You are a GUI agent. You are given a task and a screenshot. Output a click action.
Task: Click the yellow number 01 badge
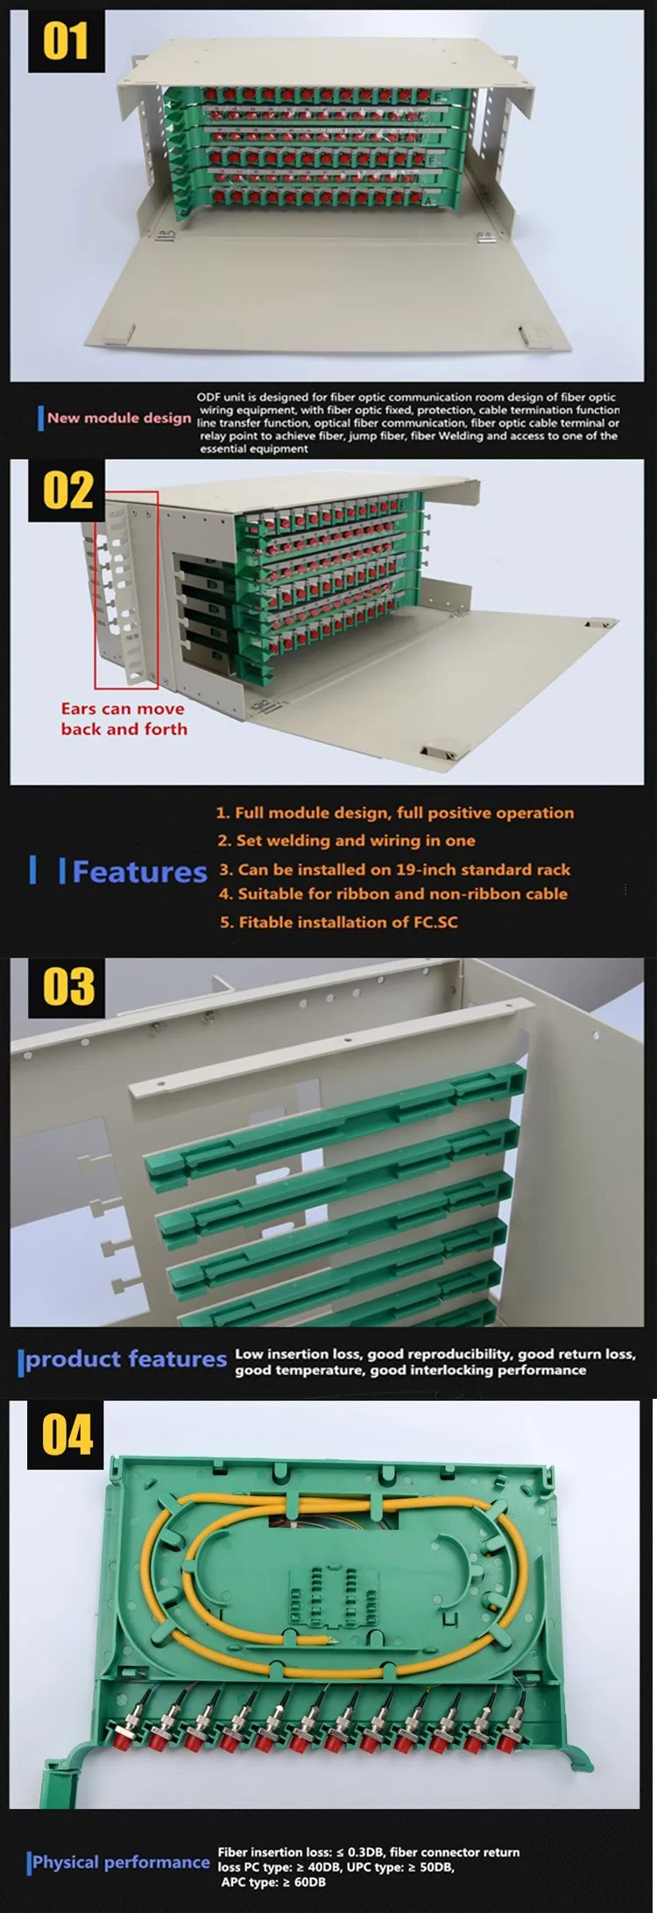(x=66, y=41)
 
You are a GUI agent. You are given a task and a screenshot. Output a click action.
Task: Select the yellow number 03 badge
(x=68, y=987)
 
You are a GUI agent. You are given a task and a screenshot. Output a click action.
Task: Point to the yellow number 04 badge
(x=67, y=1435)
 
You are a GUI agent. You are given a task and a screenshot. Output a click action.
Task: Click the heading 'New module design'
(x=119, y=418)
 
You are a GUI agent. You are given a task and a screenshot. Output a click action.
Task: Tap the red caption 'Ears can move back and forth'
(x=124, y=718)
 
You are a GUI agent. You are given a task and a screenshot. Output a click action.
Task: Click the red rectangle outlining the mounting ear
(x=126, y=589)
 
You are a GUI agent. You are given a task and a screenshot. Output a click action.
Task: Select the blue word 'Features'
(x=139, y=872)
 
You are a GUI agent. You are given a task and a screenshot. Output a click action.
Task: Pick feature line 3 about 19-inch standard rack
(x=394, y=870)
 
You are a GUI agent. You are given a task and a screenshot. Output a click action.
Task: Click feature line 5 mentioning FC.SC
(x=338, y=921)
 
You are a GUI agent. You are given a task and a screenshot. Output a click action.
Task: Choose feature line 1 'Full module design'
(x=394, y=813)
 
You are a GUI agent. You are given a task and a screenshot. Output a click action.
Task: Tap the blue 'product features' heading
(x=125, y=1359)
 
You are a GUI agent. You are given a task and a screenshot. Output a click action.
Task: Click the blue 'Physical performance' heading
(x=121, y=1862)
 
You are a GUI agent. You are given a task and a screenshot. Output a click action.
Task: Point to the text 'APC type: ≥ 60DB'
(x=272, y=1881)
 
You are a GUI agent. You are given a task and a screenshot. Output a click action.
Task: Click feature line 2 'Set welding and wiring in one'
(x=346, y=841)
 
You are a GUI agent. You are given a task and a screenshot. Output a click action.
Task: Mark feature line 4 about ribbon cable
(x=393, y=894)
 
